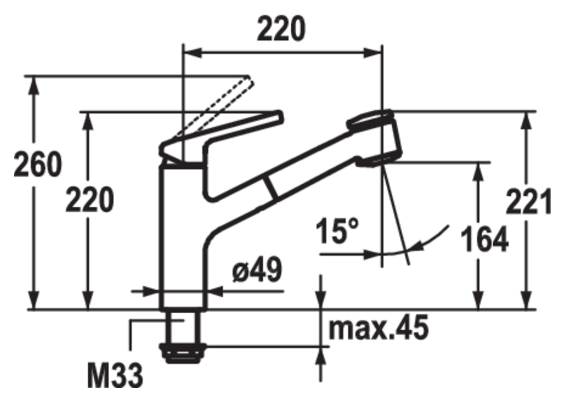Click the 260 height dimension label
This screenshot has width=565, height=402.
(x=38, y=165)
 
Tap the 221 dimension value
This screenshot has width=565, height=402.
(x=529, y=202)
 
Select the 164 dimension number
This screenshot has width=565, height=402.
(x=484, y=239)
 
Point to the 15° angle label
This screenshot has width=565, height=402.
(x=338, y=231)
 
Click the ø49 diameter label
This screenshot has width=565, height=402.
(x=257, y=270)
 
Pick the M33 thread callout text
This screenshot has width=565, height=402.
(x=115, y=376)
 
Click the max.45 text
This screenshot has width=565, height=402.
(x=379, y=328)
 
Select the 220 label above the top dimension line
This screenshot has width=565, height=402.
(x=281, y=29)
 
